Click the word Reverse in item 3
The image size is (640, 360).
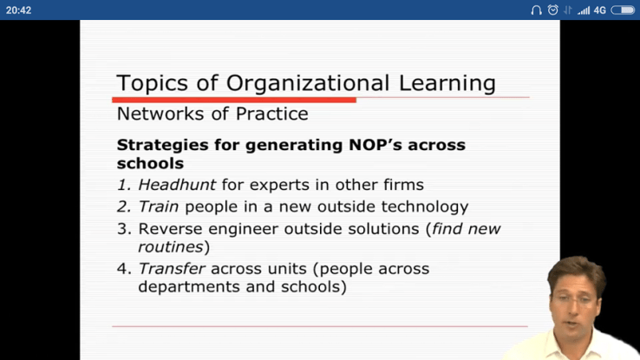pyautogui.click(x=171, y=230)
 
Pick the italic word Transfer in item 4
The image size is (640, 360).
pyautogui.click(x=172, y=269)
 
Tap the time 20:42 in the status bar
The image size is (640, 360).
pyautogui.click(x=18, y=10)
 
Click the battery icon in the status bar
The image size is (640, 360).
pyautogui.click(x=623, y=10)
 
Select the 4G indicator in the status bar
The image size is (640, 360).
pyautogui.click(x=599, y=10)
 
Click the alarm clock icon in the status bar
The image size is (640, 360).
pyautogui.click(x=552, y=10)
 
